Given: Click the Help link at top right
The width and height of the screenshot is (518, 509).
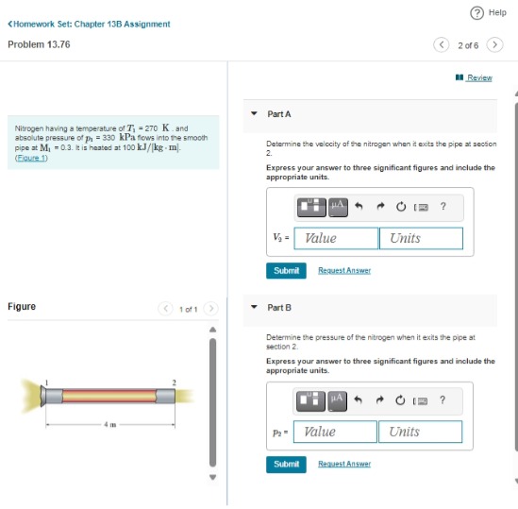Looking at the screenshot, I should (491, 12).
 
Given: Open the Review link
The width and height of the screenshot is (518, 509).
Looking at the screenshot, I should (478, 77).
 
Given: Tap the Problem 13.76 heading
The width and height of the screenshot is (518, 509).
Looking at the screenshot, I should (39, 44).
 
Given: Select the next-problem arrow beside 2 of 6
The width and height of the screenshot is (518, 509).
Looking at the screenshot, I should (494, 44).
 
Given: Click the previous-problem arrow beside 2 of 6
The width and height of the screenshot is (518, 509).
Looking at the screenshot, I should (441, 44).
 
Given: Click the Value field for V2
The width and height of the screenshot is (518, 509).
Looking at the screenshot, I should (336, 238).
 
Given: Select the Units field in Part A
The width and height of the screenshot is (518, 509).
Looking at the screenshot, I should (421, 238).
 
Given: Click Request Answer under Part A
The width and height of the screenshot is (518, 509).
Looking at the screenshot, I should (344, 270).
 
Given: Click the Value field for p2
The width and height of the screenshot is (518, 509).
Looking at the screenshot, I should (335, 432).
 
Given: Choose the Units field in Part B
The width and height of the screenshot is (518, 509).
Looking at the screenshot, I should (420, 432).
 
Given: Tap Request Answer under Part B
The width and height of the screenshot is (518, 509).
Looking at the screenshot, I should (343, 464).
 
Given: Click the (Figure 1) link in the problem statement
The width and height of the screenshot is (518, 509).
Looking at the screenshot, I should (32, 158).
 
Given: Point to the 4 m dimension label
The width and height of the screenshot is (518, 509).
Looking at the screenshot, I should (109, 424).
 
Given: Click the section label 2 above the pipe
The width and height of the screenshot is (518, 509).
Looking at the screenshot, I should (174, 381).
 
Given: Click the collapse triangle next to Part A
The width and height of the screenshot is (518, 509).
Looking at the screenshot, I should (254, 113).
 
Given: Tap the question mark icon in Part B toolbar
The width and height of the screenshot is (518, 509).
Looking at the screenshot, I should (443, 399).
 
